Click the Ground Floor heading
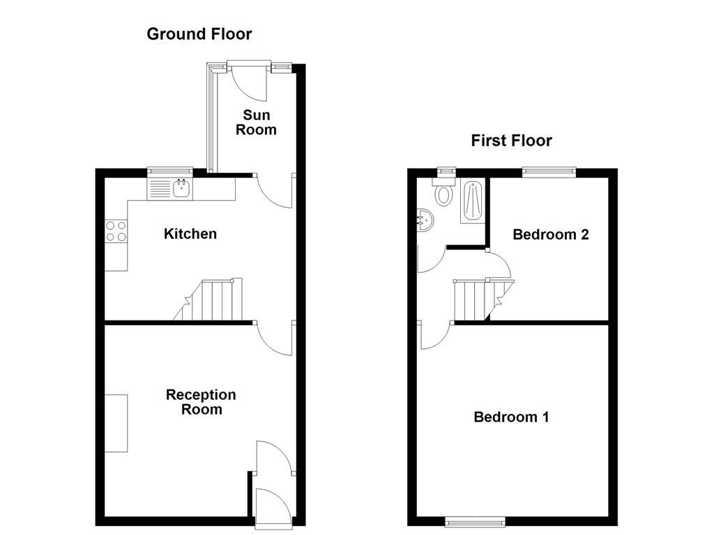point(199,33)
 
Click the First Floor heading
point(511,141)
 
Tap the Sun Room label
point(256,122)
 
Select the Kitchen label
point(190,233)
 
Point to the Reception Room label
point(201,402)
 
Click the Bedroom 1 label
point(511,417)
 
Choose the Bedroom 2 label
point(550,235)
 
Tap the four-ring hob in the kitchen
point(116,231)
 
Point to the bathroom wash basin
point(425,221)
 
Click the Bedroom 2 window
point(549,171)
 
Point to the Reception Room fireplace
point(116,423)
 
